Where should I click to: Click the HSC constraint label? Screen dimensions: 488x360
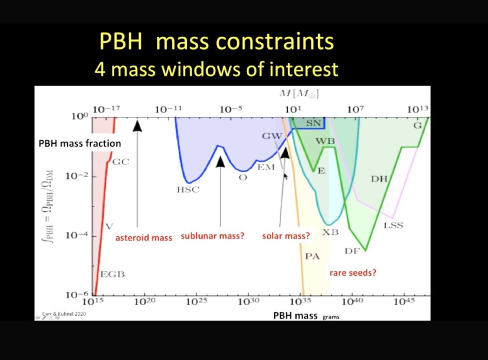pos(188,190)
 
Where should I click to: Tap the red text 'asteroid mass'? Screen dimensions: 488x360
pos(143,238)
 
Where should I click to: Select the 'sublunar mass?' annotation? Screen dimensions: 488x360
pos(213,236)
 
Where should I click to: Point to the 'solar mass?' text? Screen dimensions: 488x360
pos(286,236)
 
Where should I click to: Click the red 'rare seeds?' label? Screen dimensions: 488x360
pos(353,273)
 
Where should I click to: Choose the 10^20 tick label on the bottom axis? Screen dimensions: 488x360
pos(144,301)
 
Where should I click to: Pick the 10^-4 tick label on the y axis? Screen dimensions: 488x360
pos(77,235)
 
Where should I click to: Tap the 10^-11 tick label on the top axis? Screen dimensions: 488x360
pos(168,109)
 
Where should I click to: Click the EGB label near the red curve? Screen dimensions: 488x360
pos(112,274)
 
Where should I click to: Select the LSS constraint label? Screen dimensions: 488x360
pos(393,225)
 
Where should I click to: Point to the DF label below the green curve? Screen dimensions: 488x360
pos(352,251)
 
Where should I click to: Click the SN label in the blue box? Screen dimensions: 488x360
pos(314,123)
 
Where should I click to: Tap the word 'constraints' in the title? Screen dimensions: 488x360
pos(275,41)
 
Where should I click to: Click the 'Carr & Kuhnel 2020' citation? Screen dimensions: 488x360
pos(64,314)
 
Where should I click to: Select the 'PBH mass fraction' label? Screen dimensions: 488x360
pos(80,143)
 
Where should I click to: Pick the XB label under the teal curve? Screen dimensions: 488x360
pos(331,232)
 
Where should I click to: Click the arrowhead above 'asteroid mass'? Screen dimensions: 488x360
pos(137,126)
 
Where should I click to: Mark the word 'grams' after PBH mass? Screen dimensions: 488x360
pos(331,317)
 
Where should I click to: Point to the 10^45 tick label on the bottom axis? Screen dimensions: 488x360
pos(404,301)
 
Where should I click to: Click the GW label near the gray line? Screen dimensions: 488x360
pos(272,136)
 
